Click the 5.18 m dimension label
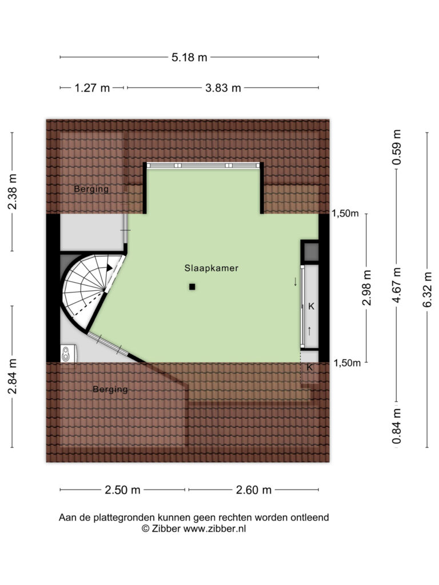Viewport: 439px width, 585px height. pyautogui.click(x=189, y=58)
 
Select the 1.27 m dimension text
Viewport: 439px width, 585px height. pyautogui.click(x=92, y=88)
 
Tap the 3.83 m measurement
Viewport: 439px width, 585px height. pyautogui.click(x=224, y=88)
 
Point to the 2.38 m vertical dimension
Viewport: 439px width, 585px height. pyautogui.click(x=13, y=192)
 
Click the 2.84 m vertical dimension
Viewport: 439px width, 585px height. pyautogui.click(x=13, y=376)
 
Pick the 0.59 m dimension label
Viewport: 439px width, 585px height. pyautogui.click(x=397, y=147)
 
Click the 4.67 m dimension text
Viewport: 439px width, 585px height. pyautogui.click(x=397, y=285)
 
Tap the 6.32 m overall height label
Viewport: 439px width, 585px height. pyautogui.click(x=427, y=290)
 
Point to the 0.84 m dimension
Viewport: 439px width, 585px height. pyautogui.click(x=397, y=426)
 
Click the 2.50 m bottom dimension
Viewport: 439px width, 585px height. pyautogui.click(x=122, y=490)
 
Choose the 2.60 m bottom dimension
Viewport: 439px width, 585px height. pyautogui.click(x=254, y=490)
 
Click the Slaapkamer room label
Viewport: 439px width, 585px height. pyautogui.click(x=211, y=268)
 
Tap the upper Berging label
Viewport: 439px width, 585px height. pyautogui.click(x=91, y=189)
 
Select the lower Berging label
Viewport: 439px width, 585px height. pyautogui.click(x=110, y=390)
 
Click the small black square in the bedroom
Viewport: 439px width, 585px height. pyautogui.click(x=192, y=287)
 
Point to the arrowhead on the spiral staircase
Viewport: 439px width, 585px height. pyautogui.click(x=109, y=267)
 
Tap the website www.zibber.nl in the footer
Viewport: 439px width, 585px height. pyautogui.click(x=214, y=528)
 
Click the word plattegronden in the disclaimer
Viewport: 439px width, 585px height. pyautogui.click(x=124, y=518)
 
